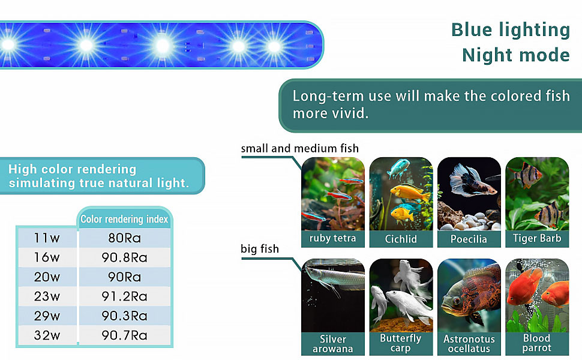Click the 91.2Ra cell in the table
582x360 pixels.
[x=124, y=296]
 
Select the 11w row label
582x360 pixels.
[x=47, y=238]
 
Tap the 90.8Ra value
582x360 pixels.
[x=124, y=257]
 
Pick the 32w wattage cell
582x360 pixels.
[x=47, y=335]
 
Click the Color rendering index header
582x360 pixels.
[x=124, y=219]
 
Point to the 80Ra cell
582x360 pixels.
[x=124, y=238]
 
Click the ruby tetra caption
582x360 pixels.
[x=332, y=238]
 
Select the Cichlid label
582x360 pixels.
[x=401, y=239]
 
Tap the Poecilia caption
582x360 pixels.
[x=469, y=239]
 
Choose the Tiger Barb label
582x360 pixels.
[x=537, y=238]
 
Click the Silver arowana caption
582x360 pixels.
[x=333, y=344]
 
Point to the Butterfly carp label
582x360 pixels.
[x=400, y=343]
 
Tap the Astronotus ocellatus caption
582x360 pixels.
[x=469, y=344]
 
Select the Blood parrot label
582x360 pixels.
[x=537, y=343]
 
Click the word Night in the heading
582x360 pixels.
[x=487, y=55]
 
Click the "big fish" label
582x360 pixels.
[x=259, y=248]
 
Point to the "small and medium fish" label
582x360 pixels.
[x=299, y=148]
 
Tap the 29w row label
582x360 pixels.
[x=47, y=316]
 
